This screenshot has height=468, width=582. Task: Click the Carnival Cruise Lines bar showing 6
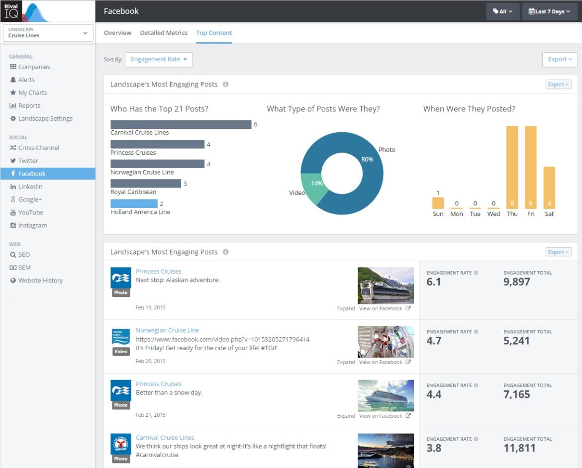(181, 124)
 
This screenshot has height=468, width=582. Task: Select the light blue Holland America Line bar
(134, 203)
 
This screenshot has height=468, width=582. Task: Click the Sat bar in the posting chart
(549, 187)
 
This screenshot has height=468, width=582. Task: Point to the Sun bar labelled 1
(438, 203)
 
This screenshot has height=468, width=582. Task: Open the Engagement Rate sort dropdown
(158, 59)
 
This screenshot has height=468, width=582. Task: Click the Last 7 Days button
(549, 11)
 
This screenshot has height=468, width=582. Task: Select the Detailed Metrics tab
(164, 33)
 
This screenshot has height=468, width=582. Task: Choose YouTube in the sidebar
(31, 212)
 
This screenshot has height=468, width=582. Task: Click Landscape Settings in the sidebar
(45, 118)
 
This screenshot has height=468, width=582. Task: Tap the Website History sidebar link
(40, 281)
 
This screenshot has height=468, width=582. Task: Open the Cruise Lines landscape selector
(48, 33)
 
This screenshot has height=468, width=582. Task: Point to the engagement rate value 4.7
(434, 341)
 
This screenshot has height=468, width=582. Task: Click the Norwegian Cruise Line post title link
(167, 330)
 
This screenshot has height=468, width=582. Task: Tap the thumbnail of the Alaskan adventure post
(386, 285)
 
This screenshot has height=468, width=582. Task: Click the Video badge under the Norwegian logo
(121, 352)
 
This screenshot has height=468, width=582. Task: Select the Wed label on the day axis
(493, 214)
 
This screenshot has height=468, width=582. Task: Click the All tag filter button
(502, 11)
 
